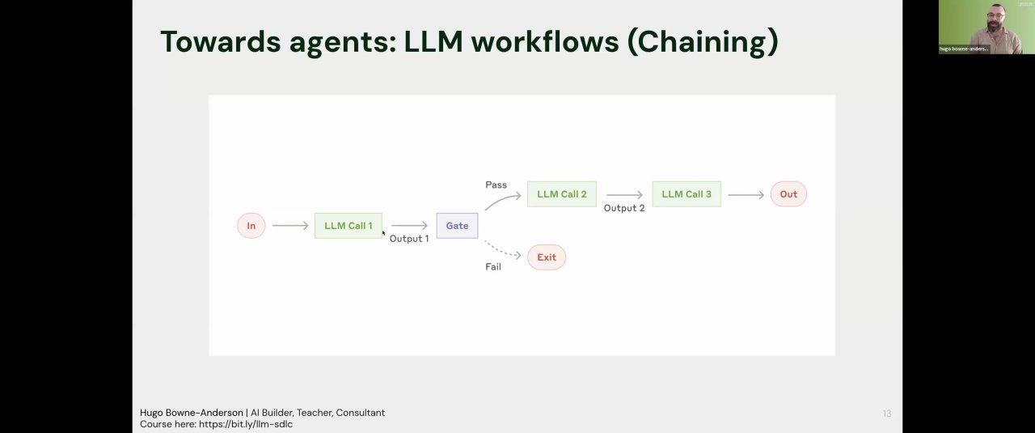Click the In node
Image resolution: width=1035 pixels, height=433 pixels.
point(251,226)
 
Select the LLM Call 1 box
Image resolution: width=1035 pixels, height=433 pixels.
point(348,226)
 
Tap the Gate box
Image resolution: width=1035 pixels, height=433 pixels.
point(457,226)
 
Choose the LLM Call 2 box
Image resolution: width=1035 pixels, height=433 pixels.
point(561,194)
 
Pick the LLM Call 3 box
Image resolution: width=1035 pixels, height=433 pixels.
point(686,194)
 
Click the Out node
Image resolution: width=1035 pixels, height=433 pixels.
point(788,194)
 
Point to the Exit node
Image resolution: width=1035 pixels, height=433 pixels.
point(547,257)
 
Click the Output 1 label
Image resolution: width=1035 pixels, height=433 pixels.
point(409,239)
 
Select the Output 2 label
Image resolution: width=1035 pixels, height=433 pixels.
point(624,209)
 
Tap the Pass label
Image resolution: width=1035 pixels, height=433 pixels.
point(496,185)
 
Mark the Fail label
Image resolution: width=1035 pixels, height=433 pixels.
point(493,267)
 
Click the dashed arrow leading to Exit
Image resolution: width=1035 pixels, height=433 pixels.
point(503,249)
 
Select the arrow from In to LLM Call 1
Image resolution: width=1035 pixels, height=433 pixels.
point(290,226)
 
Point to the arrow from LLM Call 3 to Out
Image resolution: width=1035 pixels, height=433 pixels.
point(746,194)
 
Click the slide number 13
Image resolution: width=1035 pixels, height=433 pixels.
point(887,414)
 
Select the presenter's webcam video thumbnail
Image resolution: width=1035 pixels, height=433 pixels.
point(986,27)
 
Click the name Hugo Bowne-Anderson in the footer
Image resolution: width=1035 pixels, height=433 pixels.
point(191,413)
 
